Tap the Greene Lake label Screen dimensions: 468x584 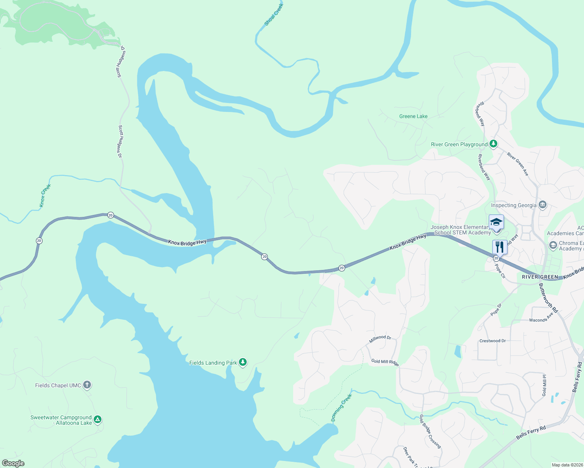413,116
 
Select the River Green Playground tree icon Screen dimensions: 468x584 493,144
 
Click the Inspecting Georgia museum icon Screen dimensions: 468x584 542,205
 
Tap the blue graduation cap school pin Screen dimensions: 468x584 496,222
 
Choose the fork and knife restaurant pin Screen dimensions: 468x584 499,247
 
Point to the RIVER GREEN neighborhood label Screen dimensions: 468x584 540,277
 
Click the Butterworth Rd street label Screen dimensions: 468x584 548,298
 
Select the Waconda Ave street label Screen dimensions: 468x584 541,318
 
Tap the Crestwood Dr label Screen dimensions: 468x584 492,341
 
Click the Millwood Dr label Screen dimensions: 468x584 380,339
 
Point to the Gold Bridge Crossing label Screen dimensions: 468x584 430,431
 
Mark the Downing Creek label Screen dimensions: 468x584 342,408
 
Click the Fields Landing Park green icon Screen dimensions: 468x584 243,362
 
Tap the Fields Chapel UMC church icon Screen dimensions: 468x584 87,385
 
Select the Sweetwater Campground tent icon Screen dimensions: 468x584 98,420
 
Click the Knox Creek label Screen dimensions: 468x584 45,195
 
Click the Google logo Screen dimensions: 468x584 13,463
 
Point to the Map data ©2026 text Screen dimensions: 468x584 567,465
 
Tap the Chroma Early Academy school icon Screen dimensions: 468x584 553,245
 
